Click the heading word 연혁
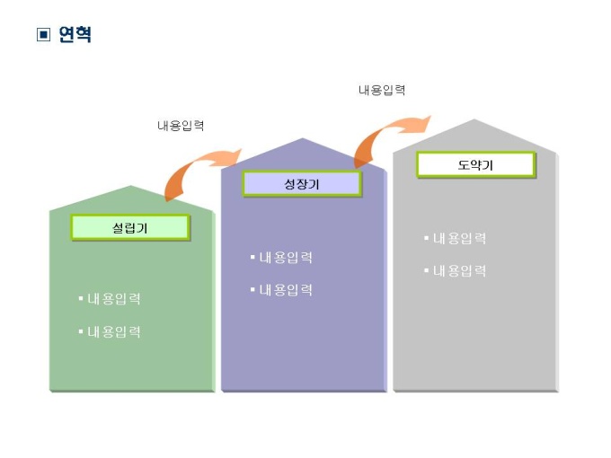pos(75,35)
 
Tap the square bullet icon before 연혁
pos(43,35)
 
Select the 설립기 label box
pos(130,228)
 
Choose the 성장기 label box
pos(302,184)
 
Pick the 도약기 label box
pos(475,165)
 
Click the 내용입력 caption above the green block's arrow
pos(181,126)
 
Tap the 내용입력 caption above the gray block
pos(382,90)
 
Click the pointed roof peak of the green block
pos(132,188)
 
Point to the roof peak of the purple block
pos(304,140)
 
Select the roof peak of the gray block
pos(475,120)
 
